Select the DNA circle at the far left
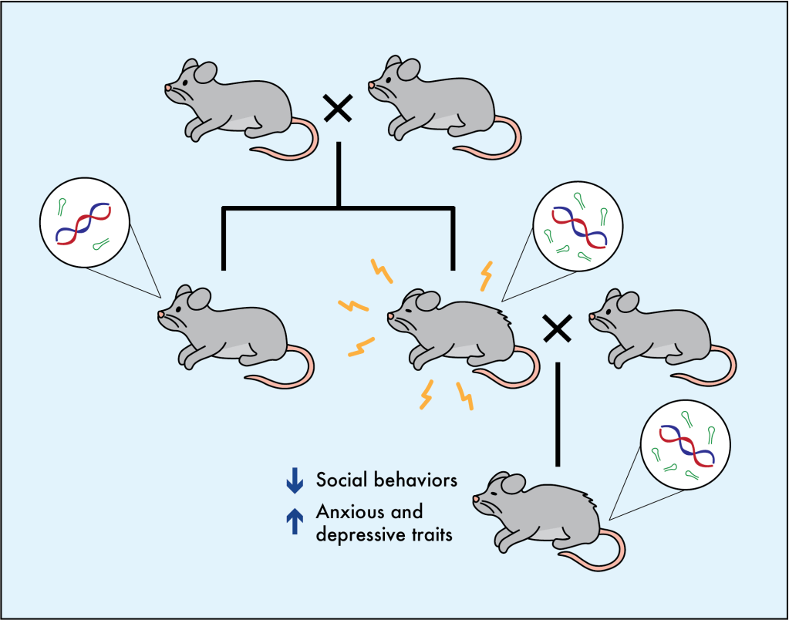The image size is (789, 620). tap(82, 226)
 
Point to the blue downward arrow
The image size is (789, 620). tap(295, 481)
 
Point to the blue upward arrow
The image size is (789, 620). tap(295, 521)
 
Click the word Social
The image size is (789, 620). tap(339, 480)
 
